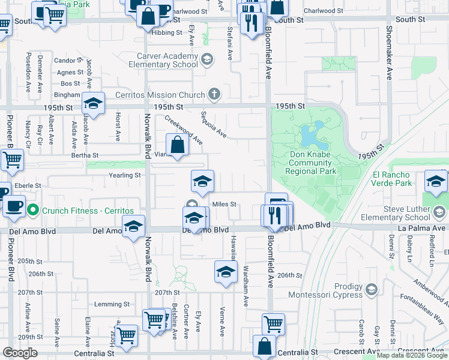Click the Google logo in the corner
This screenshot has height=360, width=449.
pyautogui.click(x=20, y=353)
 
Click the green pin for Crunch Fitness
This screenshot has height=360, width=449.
pyautogui.click(x=33, y=210)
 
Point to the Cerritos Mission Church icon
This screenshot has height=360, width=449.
pyautogui.click(x=214, y=94)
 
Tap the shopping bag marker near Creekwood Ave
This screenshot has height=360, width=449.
pyautogui.click(x=178, y=145)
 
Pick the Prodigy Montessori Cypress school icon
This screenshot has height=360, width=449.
pyautogui.click(x=371, y=290)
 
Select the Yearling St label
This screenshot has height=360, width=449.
pyautogui.click(x=124, y=175)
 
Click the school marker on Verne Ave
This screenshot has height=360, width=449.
pyautogui.click(x=226, y=271)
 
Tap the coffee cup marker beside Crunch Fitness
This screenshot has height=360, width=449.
pyautogui.click(x=14, y=205)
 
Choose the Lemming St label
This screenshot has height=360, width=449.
pyautogui.click(x=112, y=304)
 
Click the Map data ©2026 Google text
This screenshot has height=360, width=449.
pyautogui.click(x=411, y=355)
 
